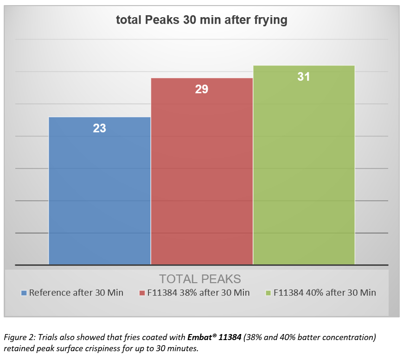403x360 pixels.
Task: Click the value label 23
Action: [x=100, y=128]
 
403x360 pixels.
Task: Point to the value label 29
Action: [x=202, y=89]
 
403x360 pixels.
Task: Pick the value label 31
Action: [x=304, y=77]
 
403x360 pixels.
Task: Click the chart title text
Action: [x=201, y=20]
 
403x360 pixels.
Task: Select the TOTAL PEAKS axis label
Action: [x=200, y=279]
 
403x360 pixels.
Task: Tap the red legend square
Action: [x=142, y=293]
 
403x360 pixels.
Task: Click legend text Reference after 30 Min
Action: [x=76, y=293]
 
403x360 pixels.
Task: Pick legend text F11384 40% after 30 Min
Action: [x=325, y=293]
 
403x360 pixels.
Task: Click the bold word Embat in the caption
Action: [x=200, y=337]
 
